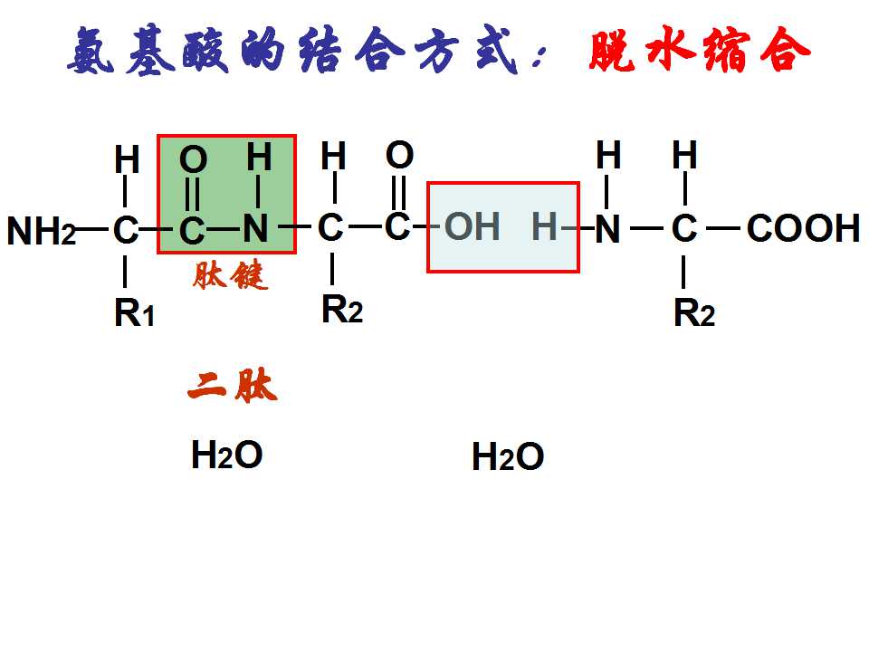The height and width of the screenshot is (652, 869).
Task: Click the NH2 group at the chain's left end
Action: coord(42,230)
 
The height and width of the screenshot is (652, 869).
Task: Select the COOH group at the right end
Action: coord(803,228)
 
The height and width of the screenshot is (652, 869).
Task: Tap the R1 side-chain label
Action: coord(134,312)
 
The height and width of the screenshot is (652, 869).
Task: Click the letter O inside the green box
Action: coord(194,159)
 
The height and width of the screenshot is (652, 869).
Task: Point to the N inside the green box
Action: coord(255,228)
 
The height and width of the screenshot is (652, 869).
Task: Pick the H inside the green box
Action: coord(260,157)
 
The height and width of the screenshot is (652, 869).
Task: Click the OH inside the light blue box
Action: coord(473,226)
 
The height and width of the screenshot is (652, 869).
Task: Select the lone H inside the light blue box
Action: coord(544,226)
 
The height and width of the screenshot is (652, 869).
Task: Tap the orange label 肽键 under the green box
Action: coord(230,275)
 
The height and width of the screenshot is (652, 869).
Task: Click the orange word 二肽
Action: coord(233,386)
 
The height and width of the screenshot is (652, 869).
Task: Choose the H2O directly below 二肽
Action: coord(226,455)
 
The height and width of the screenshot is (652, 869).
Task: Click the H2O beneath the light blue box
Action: coord(508,456)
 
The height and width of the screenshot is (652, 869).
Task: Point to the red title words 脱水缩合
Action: coord(700,50)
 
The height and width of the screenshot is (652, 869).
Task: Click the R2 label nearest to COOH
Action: coord(694,312)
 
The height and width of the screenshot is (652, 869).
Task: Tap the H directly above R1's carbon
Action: coord(127,159)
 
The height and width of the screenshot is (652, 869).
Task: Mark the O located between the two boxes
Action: coord(399,155)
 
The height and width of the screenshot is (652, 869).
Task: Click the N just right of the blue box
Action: coord(607,228)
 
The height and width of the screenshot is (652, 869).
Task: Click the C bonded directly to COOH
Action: coord(684,228)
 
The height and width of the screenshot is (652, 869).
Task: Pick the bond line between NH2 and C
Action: coord(92,229)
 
